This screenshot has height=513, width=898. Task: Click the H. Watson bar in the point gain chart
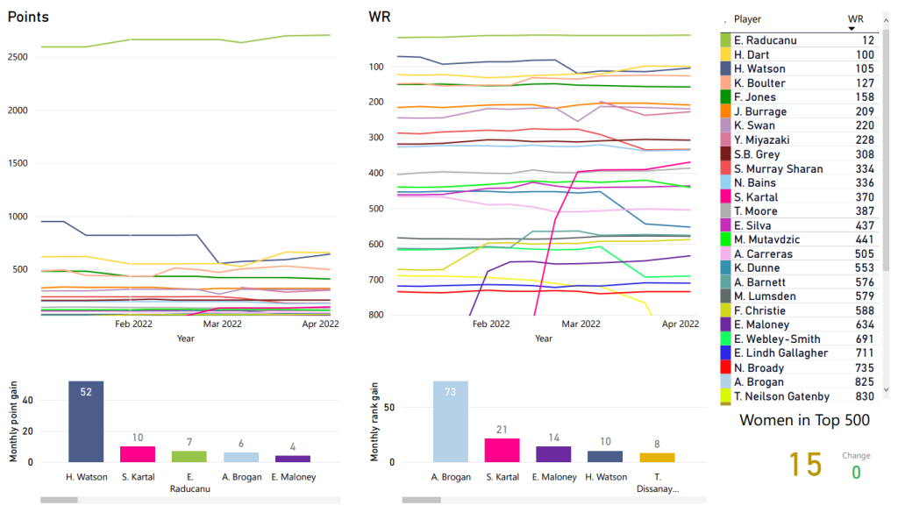(x=86, y=422)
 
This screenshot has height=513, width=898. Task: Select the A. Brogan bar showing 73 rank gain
(x=450, y=422)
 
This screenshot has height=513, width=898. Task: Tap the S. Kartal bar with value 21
(x=502, y=450)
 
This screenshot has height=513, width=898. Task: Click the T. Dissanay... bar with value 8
(x=657, y=457)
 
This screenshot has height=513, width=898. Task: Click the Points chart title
(x=28, y=18)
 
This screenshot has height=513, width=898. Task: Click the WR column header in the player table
(x=856, y=18)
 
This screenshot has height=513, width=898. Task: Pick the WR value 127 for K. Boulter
(x=865, y=83)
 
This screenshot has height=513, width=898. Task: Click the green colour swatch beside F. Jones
(x=725, y=97)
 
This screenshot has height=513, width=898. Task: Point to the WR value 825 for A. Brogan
(x=865, y=382)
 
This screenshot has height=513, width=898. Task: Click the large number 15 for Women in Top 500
(x=805, y=464)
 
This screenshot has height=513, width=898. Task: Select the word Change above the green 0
(x=856, y=456)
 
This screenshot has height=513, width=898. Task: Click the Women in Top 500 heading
(x=804, y=420)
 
